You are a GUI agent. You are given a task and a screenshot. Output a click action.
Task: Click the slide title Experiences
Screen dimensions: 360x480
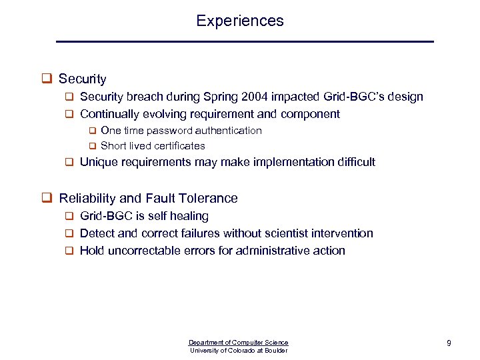coord(240,21)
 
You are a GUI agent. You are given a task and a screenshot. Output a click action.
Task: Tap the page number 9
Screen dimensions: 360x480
coord(449,343)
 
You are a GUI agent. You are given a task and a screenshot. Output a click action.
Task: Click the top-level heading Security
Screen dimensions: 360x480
coord(82,79)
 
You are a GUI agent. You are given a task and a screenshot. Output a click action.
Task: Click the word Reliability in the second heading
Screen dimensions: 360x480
coord(85,198)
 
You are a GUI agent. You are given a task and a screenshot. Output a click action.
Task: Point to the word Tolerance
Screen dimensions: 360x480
coord(211,198)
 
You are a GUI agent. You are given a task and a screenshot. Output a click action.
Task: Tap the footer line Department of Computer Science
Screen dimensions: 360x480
coord(239,342)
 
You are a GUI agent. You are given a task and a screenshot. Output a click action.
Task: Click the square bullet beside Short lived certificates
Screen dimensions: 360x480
coord(93,146)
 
